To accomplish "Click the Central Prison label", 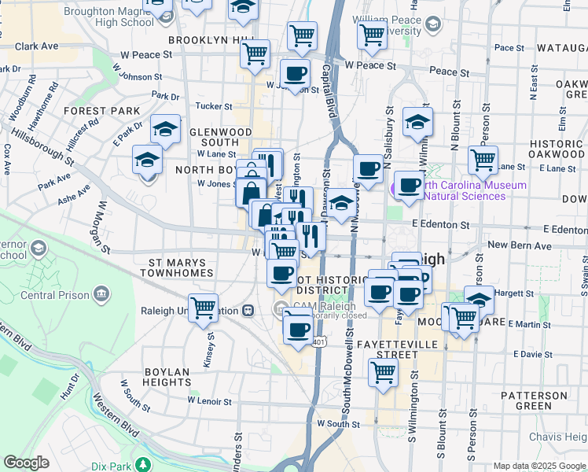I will pos(53,296).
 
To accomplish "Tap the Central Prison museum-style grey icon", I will pos(101,295).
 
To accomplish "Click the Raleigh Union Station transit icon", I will pos(248,311).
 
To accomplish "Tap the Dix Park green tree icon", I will pos(142,463).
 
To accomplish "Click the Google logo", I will pos(26,463).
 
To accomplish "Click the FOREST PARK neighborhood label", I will pos(102,111).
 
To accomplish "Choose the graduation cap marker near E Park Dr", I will pos(165,130).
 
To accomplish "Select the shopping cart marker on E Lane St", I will pos(483,160).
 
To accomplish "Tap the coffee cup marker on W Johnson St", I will pos(295,74).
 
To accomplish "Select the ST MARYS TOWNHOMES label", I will pos(177,267).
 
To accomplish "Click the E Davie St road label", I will pos(536,354).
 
